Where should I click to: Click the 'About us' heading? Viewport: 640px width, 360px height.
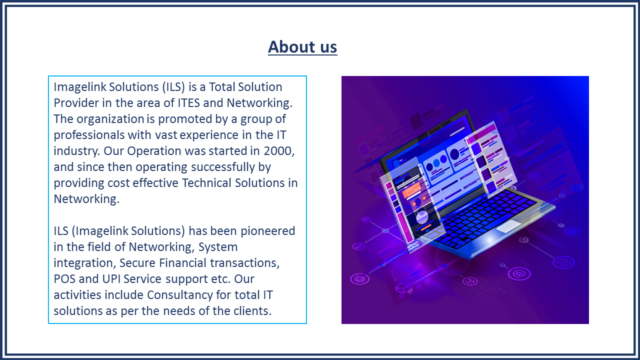[x=302, y=47]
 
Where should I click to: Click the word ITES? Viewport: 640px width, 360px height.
[x=188, y=103]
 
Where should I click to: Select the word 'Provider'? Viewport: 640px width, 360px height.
[x=76, y=103]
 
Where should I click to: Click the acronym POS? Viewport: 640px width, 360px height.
[x=64, y=279]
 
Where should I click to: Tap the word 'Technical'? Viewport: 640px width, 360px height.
[x=206, y=183]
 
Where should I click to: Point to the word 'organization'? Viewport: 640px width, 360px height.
[x=110, y=119]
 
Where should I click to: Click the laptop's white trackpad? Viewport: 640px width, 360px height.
[x=509, y=226]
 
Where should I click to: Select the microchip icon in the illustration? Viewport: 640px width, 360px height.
[x=359, y=279]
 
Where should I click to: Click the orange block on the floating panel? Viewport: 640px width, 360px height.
[x=411, y=190]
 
